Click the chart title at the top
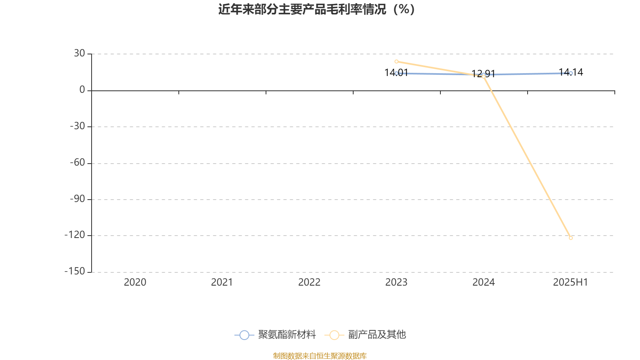(x=316, y=10)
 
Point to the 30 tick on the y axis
(x=80, y=54)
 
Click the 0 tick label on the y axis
(x=82, y=90)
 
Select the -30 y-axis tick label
(x=78, y=126)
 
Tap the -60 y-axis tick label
(x=78, y=163)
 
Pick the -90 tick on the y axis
(x=78, y=199)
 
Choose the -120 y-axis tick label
(x=75, y=235)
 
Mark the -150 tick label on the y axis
(x=75, y=272)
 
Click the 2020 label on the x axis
(x=135, y=282)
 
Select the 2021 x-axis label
(x=222, y=282)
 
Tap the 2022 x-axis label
(x=310, y=282)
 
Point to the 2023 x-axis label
(x=396, y=282)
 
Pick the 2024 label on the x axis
(x=484, y=282)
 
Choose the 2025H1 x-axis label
(x=570, y=282)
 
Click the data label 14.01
(x=396, y=73)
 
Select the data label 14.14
(x=571, y=72)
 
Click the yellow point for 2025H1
(x=571, y=238)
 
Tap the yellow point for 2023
(x=396, y=62)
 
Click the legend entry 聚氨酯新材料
(x=275, y=334)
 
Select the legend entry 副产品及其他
(x=366, y=334)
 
